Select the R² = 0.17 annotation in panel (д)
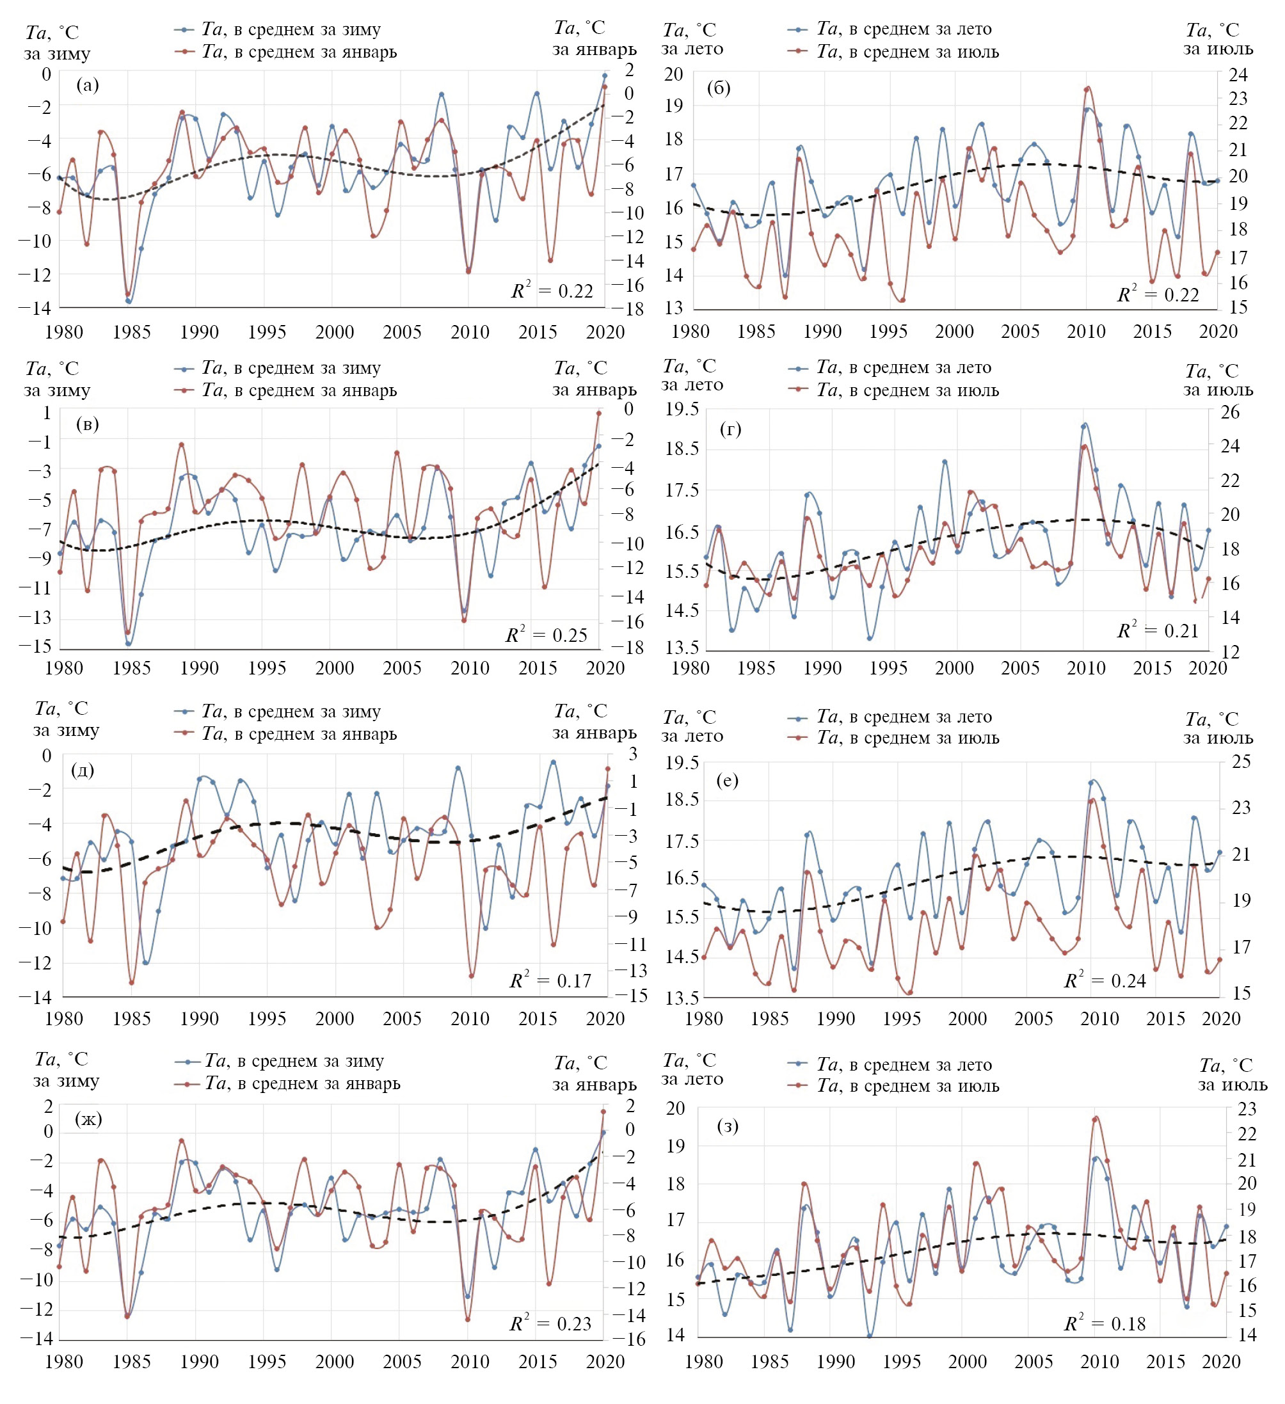click(550, 980)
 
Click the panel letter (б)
click(718, 88)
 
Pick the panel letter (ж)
click(88, 1119)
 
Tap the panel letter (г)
click(730, 429)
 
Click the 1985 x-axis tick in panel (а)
click(132, 332)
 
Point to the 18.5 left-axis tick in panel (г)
click(681, 449)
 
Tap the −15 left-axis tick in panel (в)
click(38, 646)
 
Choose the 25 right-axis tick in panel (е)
click(1241, 762)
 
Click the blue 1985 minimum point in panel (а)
click(128, 301)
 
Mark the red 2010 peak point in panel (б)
click(1087, 88)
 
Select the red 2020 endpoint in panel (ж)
click(603, 1112)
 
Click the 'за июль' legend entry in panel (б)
click(907, 52)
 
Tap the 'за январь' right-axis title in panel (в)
click(594, 389)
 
